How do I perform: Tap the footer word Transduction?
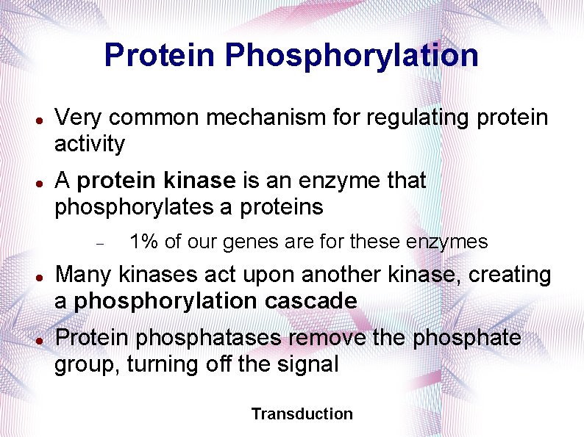point(302,414)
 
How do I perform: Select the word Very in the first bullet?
point(77,118)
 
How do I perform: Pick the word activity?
point(90,144)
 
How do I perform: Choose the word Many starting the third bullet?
point(83,275)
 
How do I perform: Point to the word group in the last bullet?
point(88,365)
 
